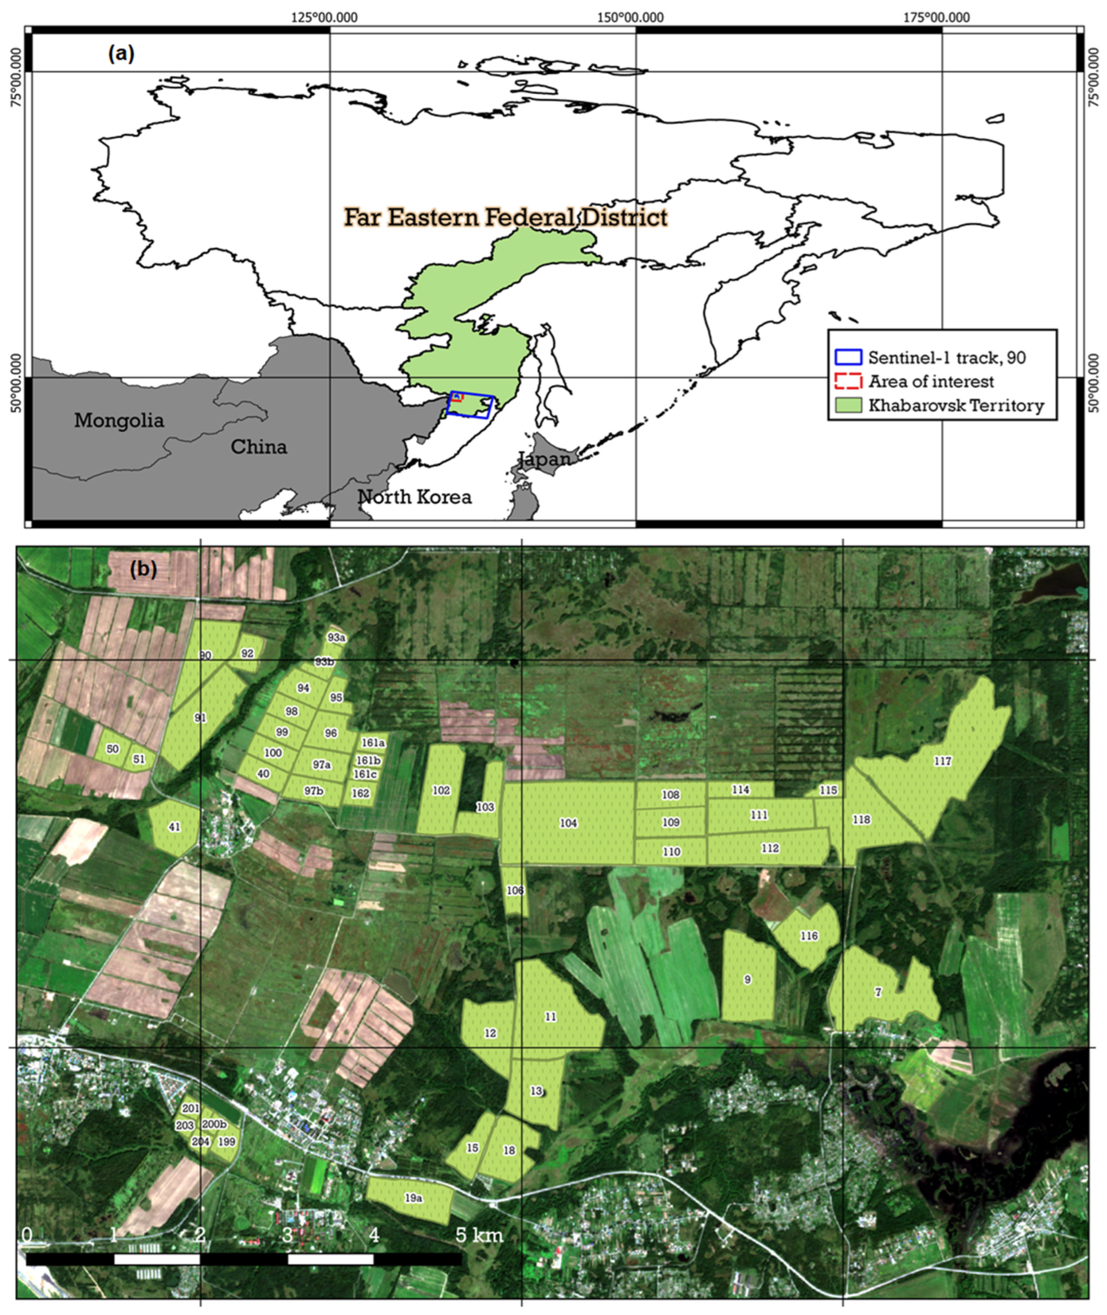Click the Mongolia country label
(x=119, y=420)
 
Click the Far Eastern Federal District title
(x=505, y=217)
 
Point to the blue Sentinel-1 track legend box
(x=848, y=357)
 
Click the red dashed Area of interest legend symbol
(x=848, y=381)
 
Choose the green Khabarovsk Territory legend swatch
(x=848, y=405)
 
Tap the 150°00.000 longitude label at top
(x=630, y=17)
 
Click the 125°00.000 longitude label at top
(x=324, y=17)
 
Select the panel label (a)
(x=121, y=54)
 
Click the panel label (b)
(x=143, y=569)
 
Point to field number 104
(x=569, y=823)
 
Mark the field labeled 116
(x=809, y=936)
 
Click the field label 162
(x=360, y=793)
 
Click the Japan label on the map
(x=545, y=459)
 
